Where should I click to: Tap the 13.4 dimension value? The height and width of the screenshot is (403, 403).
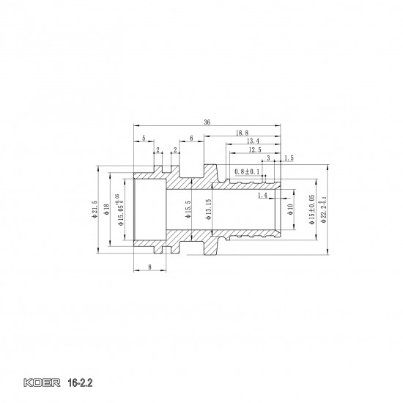253,141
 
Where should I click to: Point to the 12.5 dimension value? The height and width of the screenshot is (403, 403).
254,149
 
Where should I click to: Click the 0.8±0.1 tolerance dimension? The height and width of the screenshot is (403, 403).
247,171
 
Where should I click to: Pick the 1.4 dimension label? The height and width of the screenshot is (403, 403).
262,196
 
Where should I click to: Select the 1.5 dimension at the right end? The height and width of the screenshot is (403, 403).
288,158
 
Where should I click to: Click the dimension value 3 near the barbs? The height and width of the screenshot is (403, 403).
268,158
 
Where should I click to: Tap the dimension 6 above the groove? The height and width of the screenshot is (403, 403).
191,138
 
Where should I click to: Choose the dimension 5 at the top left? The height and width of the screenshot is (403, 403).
144,138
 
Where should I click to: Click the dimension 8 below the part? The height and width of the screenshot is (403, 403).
149,268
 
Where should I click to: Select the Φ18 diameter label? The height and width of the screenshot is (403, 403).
107,209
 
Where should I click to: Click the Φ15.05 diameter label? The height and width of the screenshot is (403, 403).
120,211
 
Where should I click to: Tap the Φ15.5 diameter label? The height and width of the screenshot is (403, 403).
188,211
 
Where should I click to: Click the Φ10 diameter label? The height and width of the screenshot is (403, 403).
290,210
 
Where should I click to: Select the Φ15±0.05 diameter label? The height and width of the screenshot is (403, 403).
311,211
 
